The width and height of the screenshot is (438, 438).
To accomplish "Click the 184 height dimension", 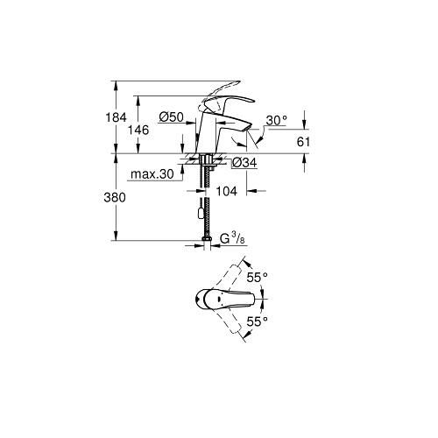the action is coord(116,117).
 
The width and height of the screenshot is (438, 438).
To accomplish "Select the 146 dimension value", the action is coord(138,131).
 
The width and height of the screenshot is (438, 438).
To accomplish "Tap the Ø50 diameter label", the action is coord(172,117).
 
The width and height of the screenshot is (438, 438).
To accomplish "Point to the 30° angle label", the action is coord(276,120).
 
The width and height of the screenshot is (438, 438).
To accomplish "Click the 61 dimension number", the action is coord(303,142).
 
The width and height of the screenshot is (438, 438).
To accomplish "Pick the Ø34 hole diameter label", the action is coord(245,163).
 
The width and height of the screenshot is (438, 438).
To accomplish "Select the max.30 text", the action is coord(152,174).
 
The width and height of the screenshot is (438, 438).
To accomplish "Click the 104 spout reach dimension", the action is coord(226,191).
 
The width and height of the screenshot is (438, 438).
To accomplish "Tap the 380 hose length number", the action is coord(115,198).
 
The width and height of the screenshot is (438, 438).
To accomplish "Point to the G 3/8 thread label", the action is coord(232,239).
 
